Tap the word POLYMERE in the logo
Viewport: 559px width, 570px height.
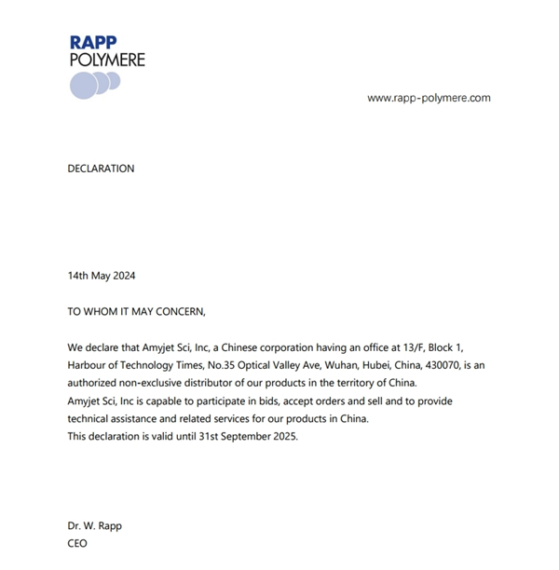click(x=107, y=60)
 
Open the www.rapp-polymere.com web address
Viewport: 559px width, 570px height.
click(x=429, y=98)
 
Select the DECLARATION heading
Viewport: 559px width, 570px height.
click(x=101, y=169)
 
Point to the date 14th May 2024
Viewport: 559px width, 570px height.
click(x=102, y=276)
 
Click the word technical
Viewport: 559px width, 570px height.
click(x=90, y=419)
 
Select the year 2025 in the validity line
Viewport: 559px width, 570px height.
click(x=283, y=437)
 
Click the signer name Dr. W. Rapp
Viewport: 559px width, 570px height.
click(x=94, y=525)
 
